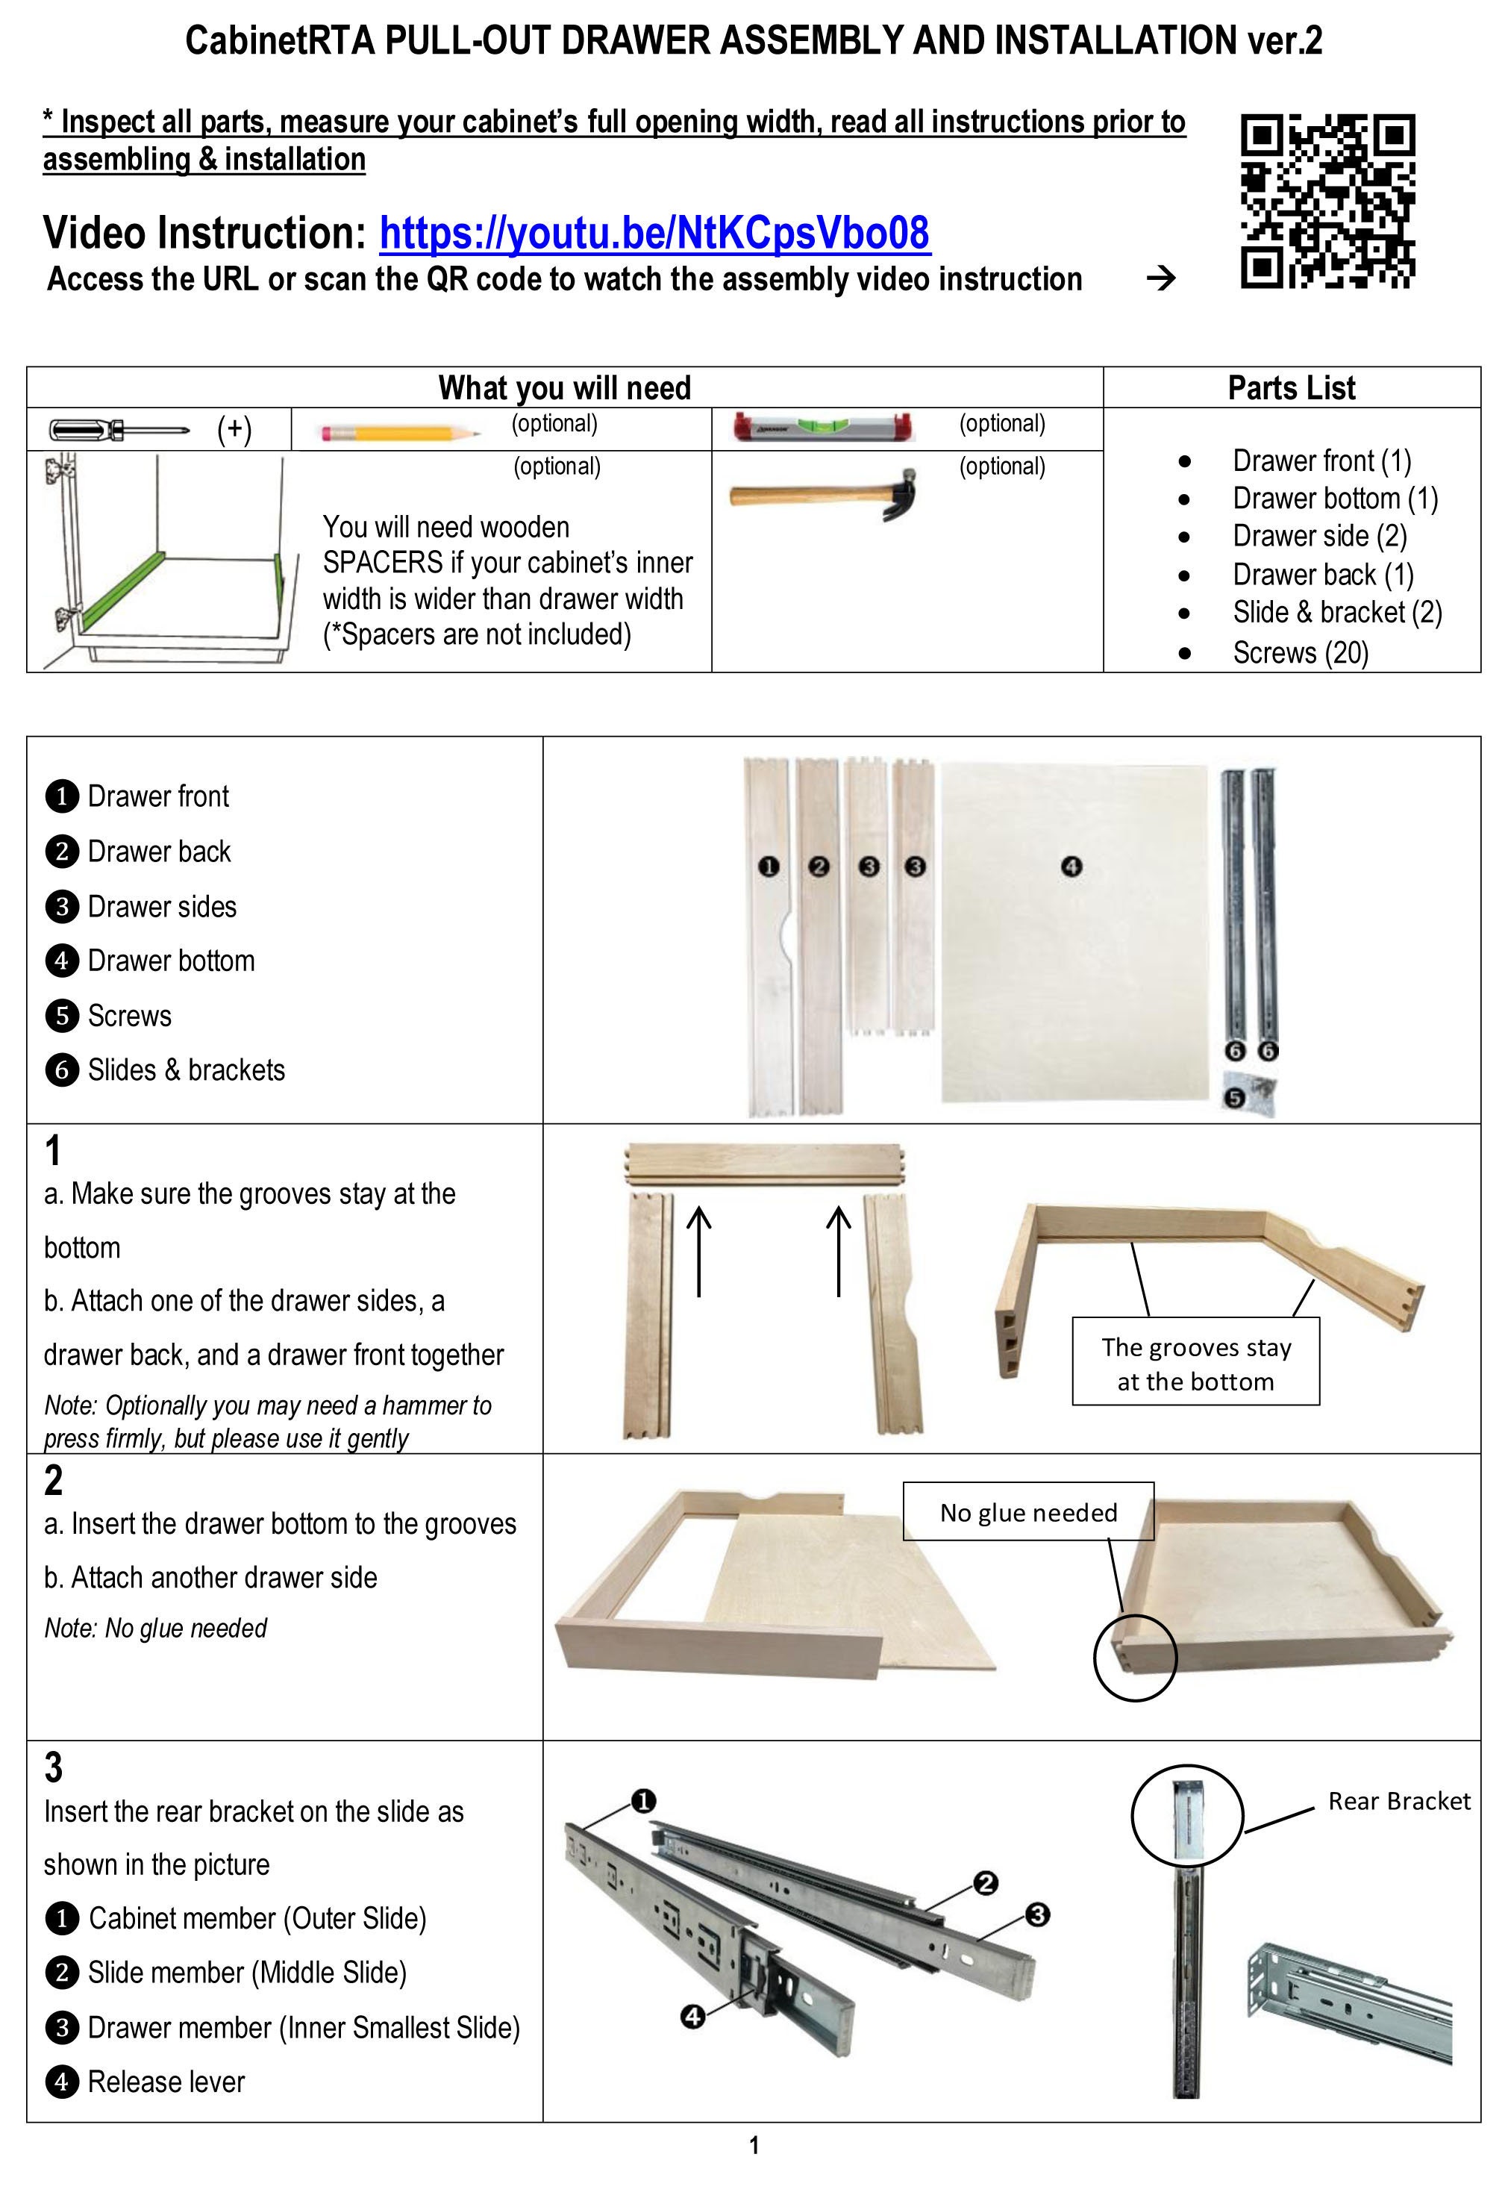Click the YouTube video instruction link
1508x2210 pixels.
654,233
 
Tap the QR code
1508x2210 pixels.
1327,201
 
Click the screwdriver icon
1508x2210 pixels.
119,430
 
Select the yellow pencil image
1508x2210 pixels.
399,433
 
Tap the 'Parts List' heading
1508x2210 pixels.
1291,388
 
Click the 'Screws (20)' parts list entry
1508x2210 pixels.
1300,652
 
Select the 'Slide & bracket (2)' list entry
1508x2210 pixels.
1337,613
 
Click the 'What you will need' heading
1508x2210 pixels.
565,388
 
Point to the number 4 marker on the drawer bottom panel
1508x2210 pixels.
1071,867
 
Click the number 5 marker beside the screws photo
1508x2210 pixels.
1234,1099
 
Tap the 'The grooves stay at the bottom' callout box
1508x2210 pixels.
1196,1361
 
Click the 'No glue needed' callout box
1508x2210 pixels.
1029,1511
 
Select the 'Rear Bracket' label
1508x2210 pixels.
1398,1801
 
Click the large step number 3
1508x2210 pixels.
53,1767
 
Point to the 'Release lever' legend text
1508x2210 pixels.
166,2082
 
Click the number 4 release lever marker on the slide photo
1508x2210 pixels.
693,2016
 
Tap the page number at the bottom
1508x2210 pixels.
754,2145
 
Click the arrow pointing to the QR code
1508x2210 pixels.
1161,278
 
